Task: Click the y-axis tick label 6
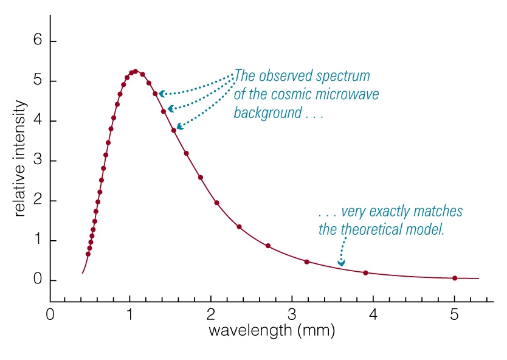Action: point(36,41)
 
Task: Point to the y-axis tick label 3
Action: point(36,161)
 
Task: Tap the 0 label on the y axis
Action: point(36,280)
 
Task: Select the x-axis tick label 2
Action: point(211,316)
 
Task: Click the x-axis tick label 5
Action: point(454,316)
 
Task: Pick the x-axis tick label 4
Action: point(373,316)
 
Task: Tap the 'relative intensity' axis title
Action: point(19,159)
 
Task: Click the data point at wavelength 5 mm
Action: point(454,278)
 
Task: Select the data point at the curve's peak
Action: point(136,71)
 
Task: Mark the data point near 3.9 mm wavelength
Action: point(365,273)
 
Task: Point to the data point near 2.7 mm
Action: point(268,246)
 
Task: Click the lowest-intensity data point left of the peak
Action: point(88,254)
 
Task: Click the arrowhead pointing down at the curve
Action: point(342,263)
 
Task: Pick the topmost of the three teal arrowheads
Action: point(162,94)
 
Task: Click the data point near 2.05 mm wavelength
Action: point(216,202)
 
